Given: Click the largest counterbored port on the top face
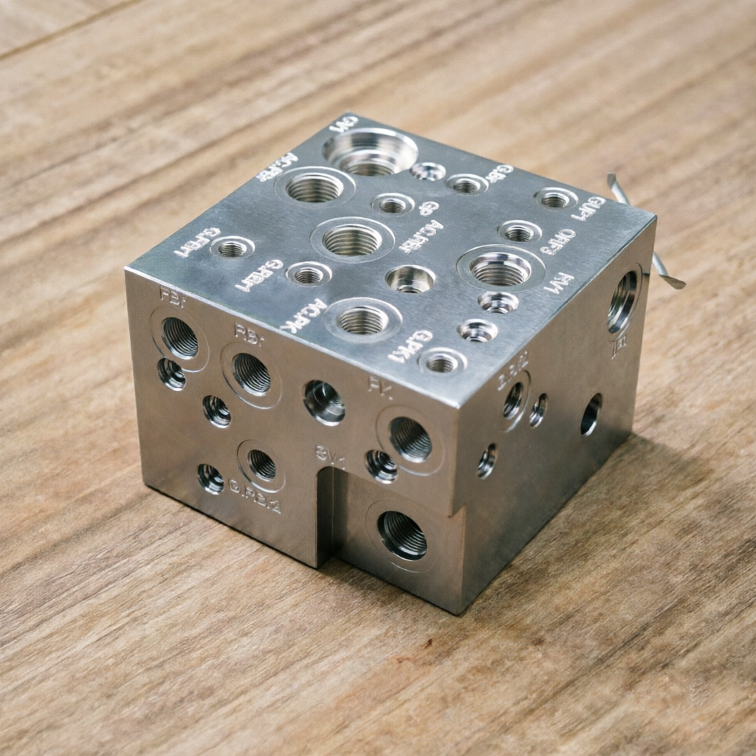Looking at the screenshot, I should click(x=370, y=152).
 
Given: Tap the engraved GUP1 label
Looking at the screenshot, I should click(x=589, y=208).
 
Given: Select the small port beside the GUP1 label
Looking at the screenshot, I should click(x=555, y=198).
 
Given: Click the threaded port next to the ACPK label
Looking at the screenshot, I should click(x=361, y=320).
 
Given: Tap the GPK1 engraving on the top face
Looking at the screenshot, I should click(x=410, y=346).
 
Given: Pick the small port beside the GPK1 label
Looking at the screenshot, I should click(x=442, y=362).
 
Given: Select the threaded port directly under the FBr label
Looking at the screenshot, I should click(x=179, y=338).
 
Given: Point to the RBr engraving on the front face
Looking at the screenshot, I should click(x=248, y=331).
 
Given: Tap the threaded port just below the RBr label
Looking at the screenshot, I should click(x=252, y=374).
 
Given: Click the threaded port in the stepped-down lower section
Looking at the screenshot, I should click(x=402, y=535).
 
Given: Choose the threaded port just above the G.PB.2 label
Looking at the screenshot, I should click(x=261, y=464).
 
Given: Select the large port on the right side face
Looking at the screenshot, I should click(x=622, y=301).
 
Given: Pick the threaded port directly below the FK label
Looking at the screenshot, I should click(x=410, y=439).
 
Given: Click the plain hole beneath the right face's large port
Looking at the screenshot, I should click(x=591, y=415).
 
